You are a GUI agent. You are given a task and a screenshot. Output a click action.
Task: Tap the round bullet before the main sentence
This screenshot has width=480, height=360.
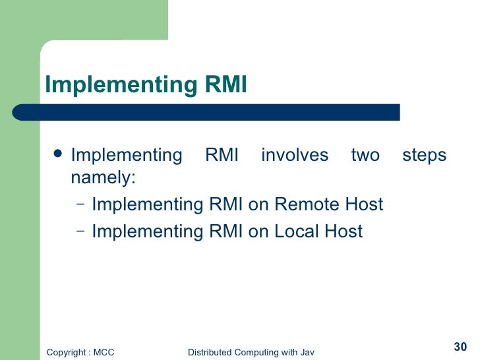(58, 154)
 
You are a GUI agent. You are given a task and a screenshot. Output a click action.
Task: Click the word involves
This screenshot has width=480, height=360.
(294, 156)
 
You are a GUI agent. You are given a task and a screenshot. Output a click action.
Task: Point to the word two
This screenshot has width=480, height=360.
(365, 156)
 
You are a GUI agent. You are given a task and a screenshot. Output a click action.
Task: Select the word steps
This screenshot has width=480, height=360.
(424, 156)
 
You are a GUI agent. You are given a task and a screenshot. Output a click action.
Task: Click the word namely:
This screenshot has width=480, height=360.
(102, 178)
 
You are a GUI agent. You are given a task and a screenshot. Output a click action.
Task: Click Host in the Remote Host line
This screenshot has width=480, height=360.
(363, 204)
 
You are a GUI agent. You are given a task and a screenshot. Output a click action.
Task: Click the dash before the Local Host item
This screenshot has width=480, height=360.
(80, 231)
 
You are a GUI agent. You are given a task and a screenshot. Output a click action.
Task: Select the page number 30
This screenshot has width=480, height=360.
(460, 347)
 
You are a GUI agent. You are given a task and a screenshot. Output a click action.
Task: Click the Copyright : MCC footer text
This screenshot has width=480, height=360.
(80, 352)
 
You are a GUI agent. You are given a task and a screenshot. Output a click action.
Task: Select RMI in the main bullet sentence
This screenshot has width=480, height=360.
(222, 156)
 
